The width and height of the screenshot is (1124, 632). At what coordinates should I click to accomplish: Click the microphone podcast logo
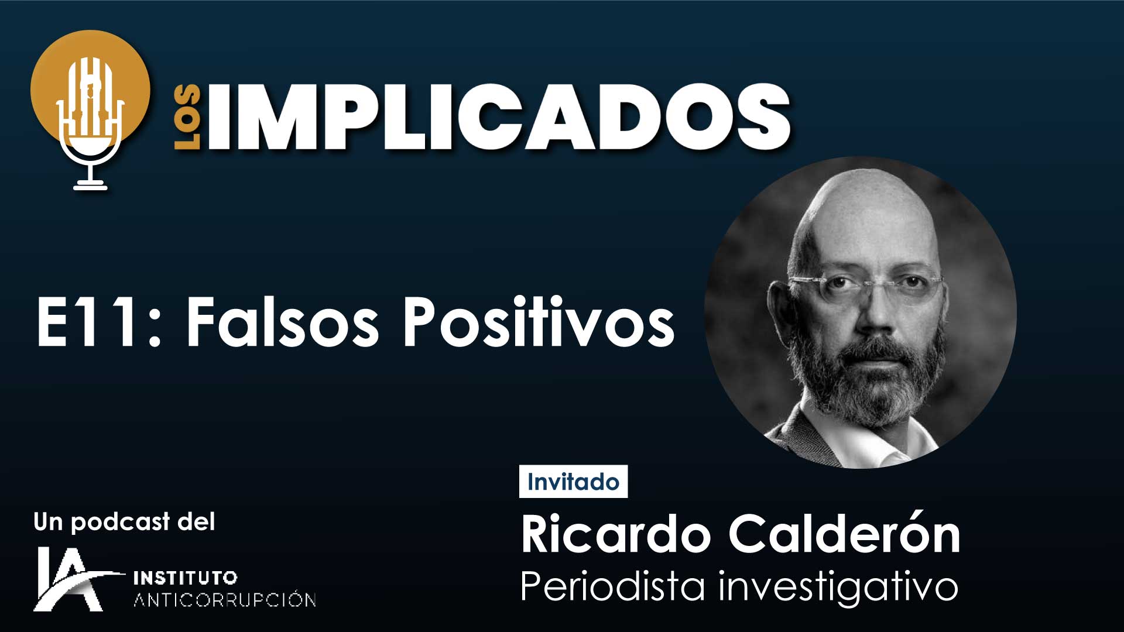click(x=90, y=110)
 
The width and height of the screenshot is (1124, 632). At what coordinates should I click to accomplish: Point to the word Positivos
click(x=539, y=321)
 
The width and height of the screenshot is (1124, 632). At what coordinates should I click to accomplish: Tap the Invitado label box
click(x=573, y=482)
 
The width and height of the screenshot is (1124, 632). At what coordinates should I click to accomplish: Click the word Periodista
click(x=612, y=585)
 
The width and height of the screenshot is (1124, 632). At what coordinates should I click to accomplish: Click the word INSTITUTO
click(x=186, y=578)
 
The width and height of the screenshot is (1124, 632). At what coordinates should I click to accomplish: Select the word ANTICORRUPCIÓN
click(x=225, y=600)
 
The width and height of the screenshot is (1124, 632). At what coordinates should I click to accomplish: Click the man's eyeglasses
click(x=865, y=285)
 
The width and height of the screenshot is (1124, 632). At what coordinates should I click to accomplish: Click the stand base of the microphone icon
click(x=90, y=186)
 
